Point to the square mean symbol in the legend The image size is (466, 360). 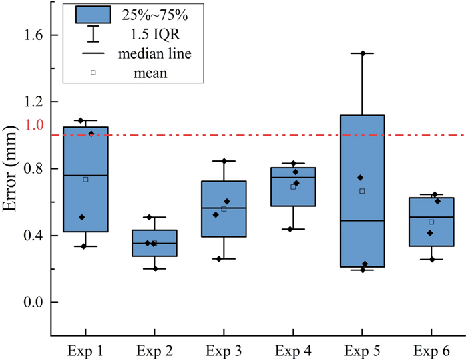coord(93,72)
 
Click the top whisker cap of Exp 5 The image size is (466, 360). coord(363,53)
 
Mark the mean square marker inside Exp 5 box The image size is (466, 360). coord(363,191)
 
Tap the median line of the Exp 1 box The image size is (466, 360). coord(85,176)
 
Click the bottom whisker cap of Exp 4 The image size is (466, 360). coord(294,229)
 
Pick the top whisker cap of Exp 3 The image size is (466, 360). coord(224,160)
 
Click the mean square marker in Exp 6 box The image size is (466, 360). coord(431,222)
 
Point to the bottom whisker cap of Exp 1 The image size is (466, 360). coord(85,246)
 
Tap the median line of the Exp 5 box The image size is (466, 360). coord(363,220)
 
